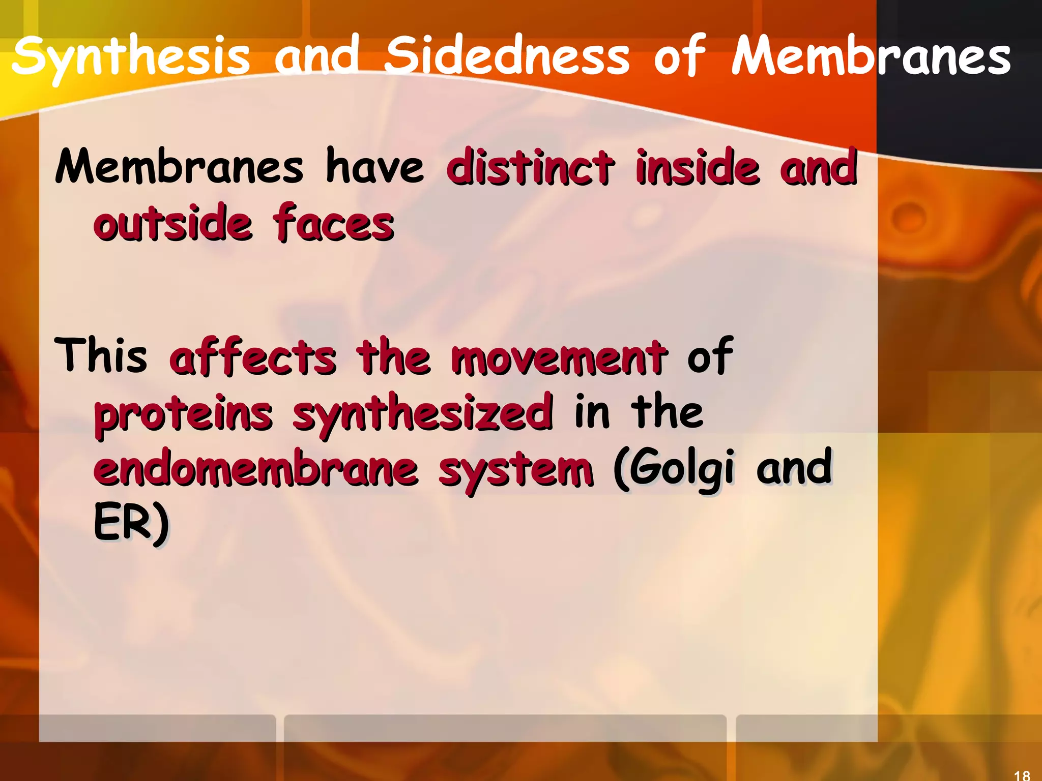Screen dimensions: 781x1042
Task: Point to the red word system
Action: click(516, 470)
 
